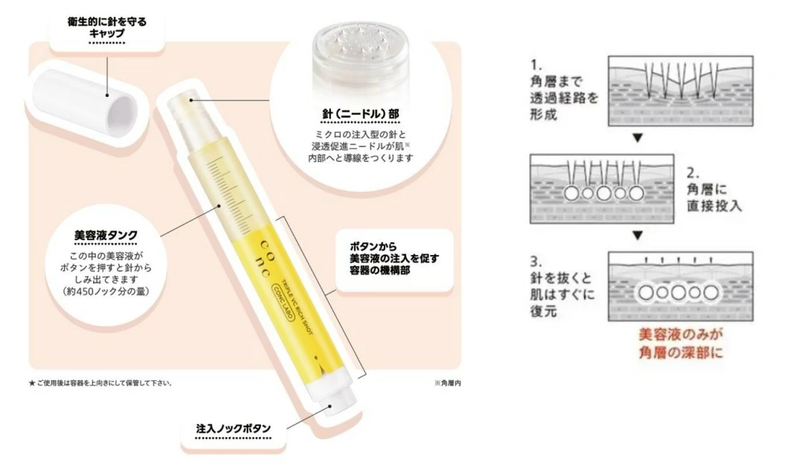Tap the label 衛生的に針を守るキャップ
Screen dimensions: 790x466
click(x=107, y=28)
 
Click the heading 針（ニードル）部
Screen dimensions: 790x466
click(x=361, y=114)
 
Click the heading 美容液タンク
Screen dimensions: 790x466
click(x=106, y=235)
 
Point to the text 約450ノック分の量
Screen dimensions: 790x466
click(x=106, y=292)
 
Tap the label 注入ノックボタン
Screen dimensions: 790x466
click(x=233, y=429)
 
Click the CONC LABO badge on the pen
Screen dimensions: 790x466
click(x=285, y=304)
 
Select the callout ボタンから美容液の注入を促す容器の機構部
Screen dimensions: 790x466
click(x=394, y=259)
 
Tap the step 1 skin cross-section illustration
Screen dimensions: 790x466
click(x=680, y=91)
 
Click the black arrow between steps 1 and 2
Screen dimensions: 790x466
click(x=638, y=137)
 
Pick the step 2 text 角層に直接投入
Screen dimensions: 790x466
click(x=715, y=198)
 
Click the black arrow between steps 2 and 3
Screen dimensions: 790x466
click(x=638, y=236)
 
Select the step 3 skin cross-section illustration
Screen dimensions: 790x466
click(x=680, y=286)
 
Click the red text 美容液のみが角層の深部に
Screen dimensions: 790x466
click(x=680, y=344)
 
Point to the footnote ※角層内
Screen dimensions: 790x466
click(x=447, y=383)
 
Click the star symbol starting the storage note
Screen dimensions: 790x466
click(x=32, y=383)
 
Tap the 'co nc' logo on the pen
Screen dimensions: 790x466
click(x=267, y=253)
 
